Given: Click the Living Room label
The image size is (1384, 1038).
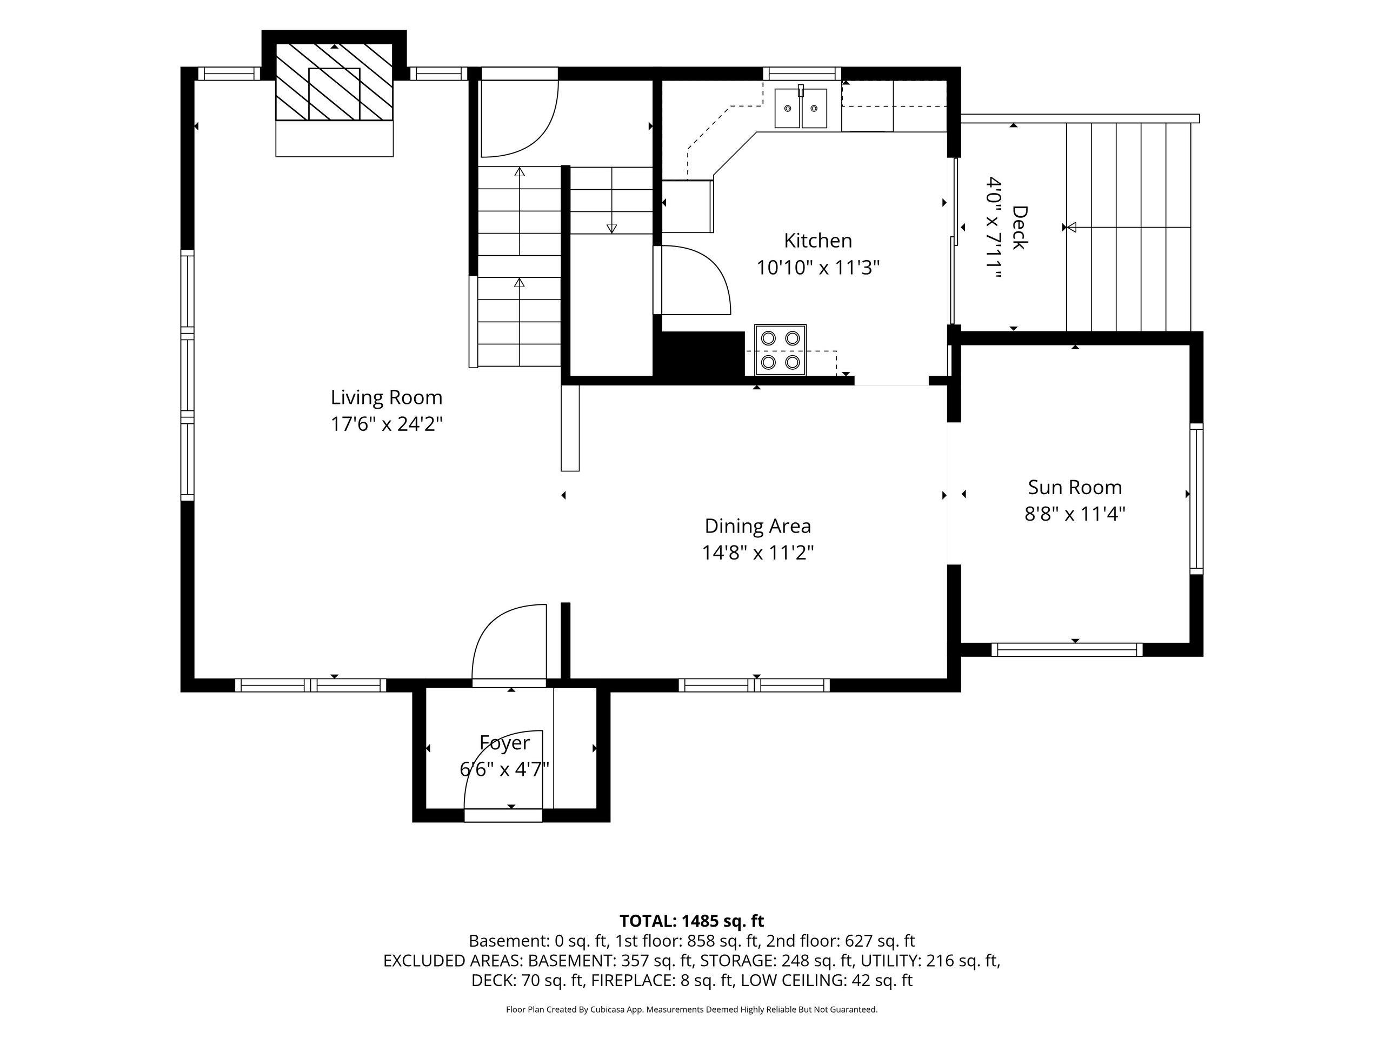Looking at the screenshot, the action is point(386,397).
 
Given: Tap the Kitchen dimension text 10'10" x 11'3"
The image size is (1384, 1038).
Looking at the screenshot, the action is point(818,268).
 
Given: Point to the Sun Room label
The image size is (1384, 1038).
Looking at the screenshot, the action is point(1074,488).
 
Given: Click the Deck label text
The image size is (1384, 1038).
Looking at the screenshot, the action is point(1019,228).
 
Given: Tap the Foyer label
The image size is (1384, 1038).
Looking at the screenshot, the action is point(504,743).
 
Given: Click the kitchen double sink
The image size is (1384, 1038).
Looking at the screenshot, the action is point(801,108).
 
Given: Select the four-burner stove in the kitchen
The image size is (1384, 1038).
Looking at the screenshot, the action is point(780,350).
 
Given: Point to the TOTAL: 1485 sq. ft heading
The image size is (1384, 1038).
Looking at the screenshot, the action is point(691,921).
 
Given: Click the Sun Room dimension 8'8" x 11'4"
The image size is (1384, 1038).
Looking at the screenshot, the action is point(1074,514).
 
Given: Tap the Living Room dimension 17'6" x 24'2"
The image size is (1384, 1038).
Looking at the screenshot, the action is point(386,424).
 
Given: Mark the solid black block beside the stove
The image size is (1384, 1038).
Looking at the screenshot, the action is point(700,355).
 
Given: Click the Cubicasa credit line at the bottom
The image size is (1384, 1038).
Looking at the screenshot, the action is point(691,1009).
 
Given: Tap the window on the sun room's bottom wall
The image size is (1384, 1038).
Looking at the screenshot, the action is point(1067,649).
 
